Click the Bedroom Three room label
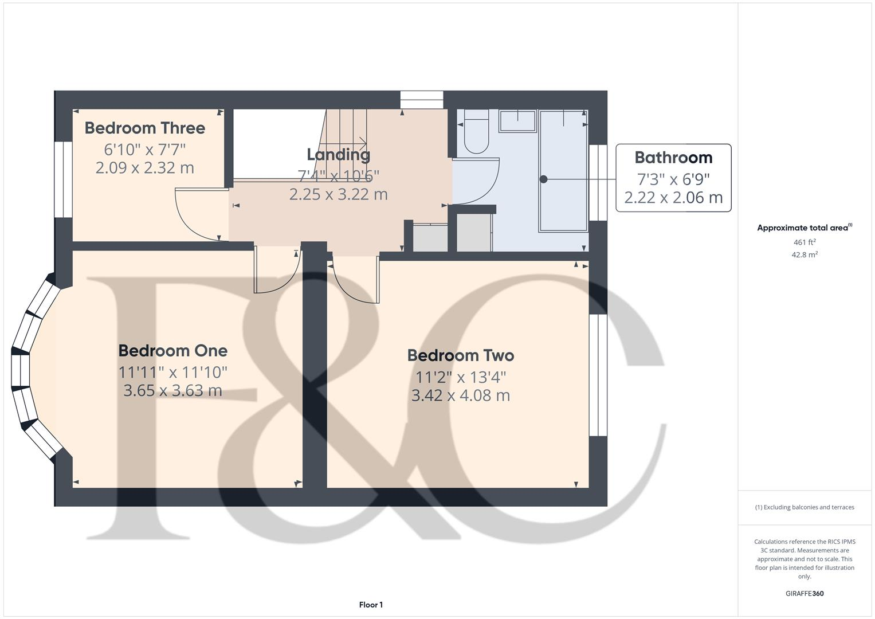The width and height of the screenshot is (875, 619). coord(144,128)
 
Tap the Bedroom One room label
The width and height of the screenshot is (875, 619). coord(172,351)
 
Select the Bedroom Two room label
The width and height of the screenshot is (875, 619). coord(460,355)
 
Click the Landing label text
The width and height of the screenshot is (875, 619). coord(338,155)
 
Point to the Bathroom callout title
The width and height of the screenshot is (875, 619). coord(673,158)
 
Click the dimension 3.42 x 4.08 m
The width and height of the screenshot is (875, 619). coord(460,395)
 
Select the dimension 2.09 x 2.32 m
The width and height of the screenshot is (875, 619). coord(144,168)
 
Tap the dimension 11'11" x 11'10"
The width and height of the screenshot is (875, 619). coord(172,373)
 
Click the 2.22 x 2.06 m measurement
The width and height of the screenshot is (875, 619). coord(673,198)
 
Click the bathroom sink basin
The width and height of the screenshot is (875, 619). coord(517,122)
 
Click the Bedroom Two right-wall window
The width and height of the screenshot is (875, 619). coord(598,375)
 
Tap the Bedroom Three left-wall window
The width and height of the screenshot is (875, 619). coord(63,179)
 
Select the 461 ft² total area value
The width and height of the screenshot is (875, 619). coord(805,242)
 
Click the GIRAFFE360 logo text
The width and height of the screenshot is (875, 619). coord(805,593)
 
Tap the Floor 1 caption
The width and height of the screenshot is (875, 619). coord(371,605)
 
